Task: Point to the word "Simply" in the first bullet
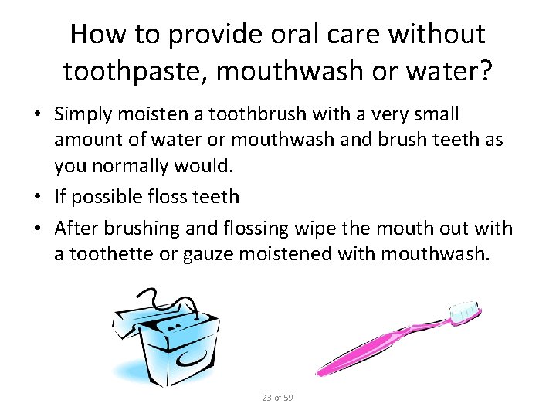81,115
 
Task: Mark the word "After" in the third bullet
73,229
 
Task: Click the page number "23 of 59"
277,398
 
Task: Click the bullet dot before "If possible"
37,198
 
